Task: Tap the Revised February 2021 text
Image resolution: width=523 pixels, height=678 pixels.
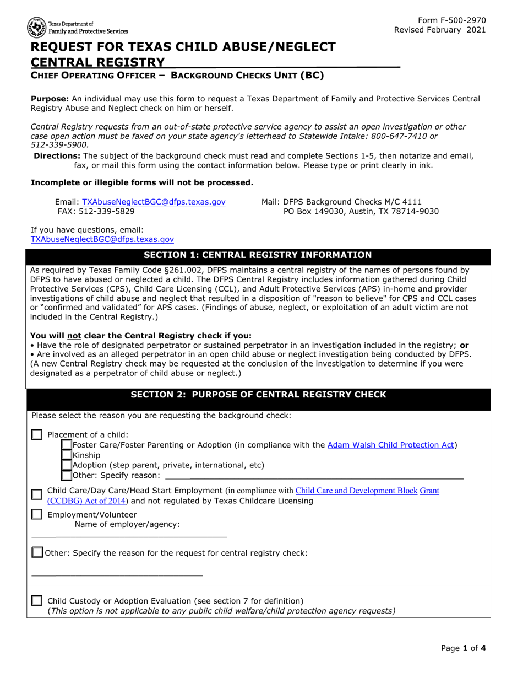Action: click(440, 30)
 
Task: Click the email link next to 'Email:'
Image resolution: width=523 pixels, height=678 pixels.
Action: click(154, 202)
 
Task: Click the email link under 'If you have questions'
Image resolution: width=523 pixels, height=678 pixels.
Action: click(102, 239)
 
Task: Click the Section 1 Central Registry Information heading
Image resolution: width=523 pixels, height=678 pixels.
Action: click(258, 255)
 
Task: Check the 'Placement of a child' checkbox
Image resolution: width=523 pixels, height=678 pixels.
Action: click(37, 435)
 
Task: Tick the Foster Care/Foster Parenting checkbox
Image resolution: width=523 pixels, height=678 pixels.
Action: click(67, 445)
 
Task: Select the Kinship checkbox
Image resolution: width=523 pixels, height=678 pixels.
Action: click(67, 455)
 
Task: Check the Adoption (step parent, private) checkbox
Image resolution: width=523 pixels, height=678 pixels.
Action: click(67, 465)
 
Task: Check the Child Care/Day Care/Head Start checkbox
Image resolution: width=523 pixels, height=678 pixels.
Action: click(37, 495)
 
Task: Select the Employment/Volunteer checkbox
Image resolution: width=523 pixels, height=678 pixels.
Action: click(37, 515)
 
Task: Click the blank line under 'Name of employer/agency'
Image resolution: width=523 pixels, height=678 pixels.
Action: click(129, 535)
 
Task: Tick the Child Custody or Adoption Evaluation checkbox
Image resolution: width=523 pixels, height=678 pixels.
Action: click(37, 600)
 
